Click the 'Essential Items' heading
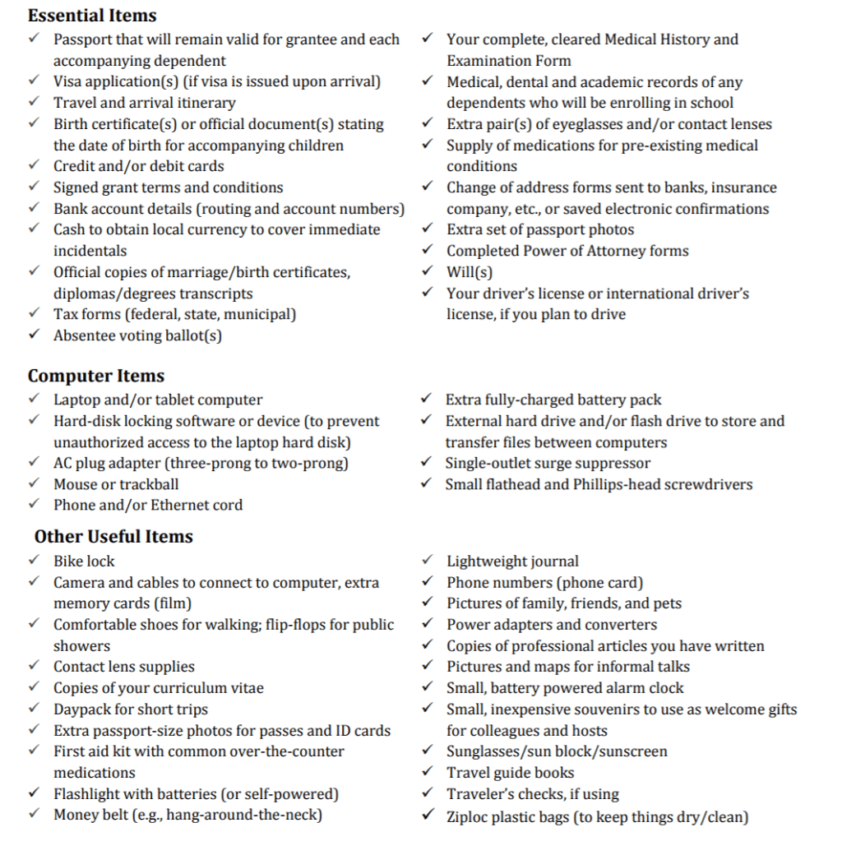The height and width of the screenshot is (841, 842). click(x=92, y=16)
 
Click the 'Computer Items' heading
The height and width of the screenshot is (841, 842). click(x=96, y=376)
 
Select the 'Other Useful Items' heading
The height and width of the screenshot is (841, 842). click(x=113, y=537)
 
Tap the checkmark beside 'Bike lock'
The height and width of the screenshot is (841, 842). click(x=33, y=561)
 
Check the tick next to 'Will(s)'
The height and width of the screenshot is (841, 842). click(x=427, y=271)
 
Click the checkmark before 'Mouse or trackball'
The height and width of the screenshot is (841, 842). click(x=33, y=483)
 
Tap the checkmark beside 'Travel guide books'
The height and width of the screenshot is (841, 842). click(x=427, y=772)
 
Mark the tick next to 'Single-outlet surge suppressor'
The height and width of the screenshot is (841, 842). click(x=426, y=463)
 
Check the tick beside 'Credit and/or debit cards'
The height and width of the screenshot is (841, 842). click(x=33, y=166)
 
